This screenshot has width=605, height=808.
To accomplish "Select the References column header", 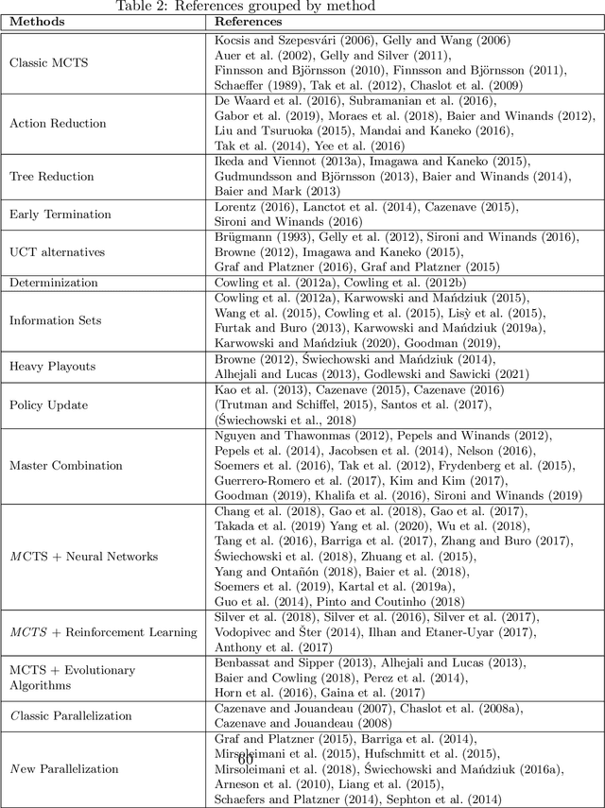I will tap(250, 22).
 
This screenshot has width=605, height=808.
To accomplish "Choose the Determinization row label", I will tap(53, 283).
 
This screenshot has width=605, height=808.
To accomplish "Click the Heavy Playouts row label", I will tap(52, 366).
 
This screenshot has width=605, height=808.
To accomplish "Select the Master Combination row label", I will tap(65, 465).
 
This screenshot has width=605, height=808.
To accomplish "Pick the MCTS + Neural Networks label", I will tap(83, 557).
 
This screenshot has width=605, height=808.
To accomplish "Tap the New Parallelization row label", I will tap(64, 768).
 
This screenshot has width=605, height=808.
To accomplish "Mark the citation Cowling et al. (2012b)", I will tap(391, 283).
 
